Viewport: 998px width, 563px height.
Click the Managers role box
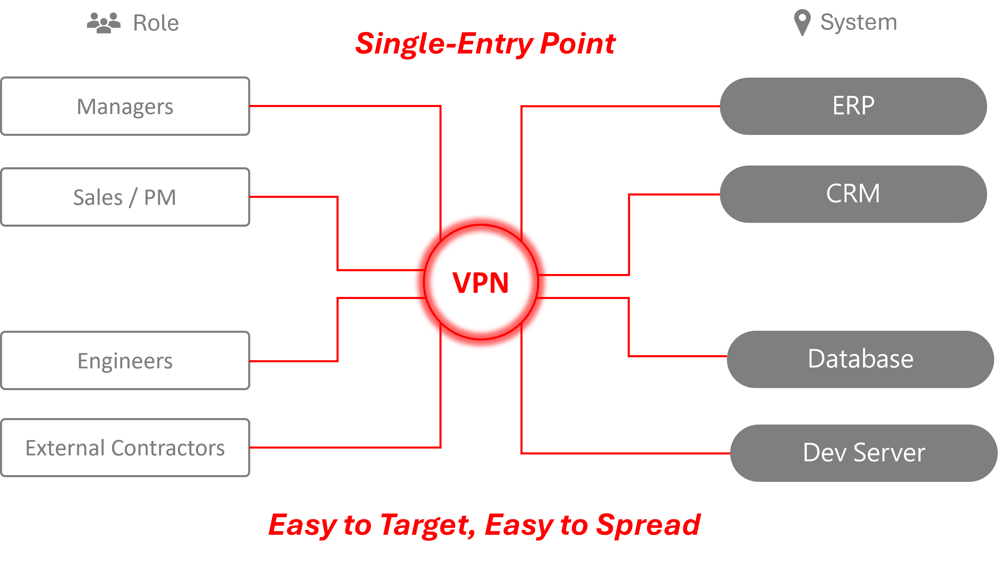pos(125,106)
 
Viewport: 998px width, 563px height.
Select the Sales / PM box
pos(125,197)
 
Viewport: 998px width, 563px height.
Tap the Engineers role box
pos(125,360)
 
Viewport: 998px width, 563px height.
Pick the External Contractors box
pos(125,447)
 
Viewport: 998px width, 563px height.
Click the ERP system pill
pos(853,106)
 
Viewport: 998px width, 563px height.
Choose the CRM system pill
pos(853,194)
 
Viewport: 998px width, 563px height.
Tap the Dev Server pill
pos(864,452)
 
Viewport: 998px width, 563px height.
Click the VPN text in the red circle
pos(480,283)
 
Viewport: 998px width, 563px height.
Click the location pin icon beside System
pos(802,22)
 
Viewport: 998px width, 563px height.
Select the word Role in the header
pos(156,23)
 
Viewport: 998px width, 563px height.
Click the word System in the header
pos(859,22)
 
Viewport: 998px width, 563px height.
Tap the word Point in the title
pos(577,44)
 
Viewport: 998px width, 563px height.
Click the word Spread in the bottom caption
pos(648,525)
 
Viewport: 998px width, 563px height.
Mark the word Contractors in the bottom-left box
pos(168,448)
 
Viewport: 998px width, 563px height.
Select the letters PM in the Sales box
pos(160,197)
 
